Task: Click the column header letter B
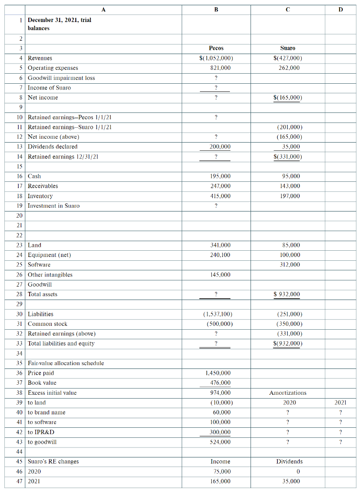[x=216, y=8]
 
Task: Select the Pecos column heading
[x=217, y=48]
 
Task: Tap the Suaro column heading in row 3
[x=287, y=48]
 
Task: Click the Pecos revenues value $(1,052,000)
[x=216, y=58]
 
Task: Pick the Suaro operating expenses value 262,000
[x=289, y=68]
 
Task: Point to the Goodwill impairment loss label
[x=61, y=78]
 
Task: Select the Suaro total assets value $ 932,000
[x=287, y=294]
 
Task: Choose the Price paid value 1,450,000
[x=218, y=373]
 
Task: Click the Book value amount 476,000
[x=220, y=383]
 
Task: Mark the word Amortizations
[x=288, y=393]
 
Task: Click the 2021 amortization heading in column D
[x=340, y=402]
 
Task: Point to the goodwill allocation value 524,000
[x=220, y=442]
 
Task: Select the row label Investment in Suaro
[x=54, y=206]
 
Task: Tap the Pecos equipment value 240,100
[x=220, y=255]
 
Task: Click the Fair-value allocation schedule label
[x=66, y=363]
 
